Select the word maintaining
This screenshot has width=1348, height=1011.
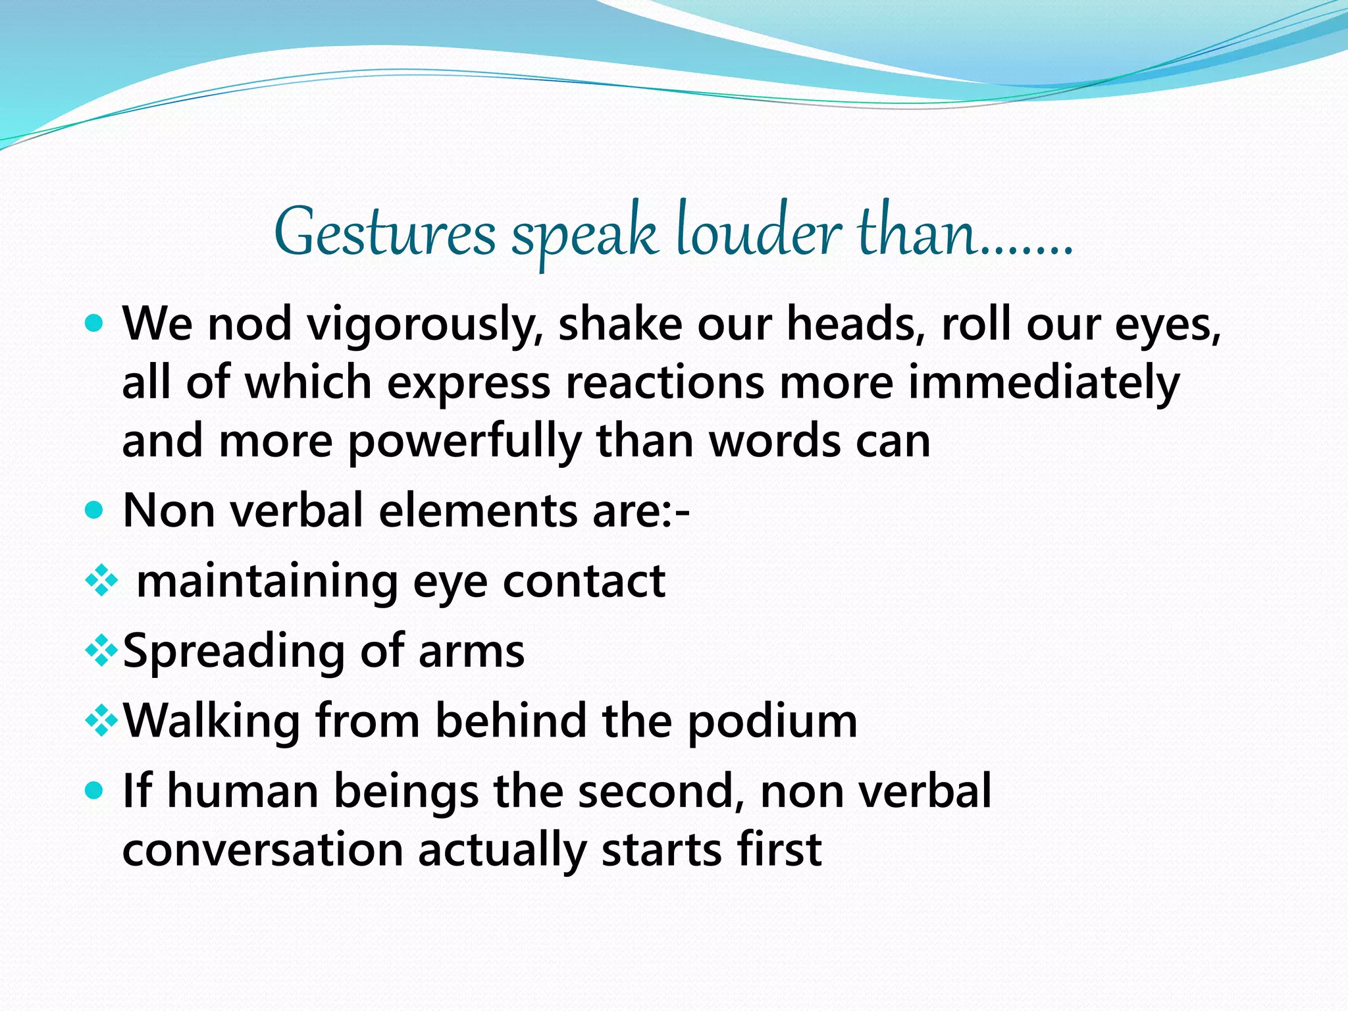(x=267, y=582)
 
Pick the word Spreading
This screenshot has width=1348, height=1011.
(x=234, y=652)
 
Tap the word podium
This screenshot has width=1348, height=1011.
(x=773, y=722)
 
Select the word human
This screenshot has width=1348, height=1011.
(x=243, y=791)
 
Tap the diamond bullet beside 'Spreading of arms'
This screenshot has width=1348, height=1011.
(x=102, y=651)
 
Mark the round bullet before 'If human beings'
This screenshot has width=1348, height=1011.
(x=95, y=790)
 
